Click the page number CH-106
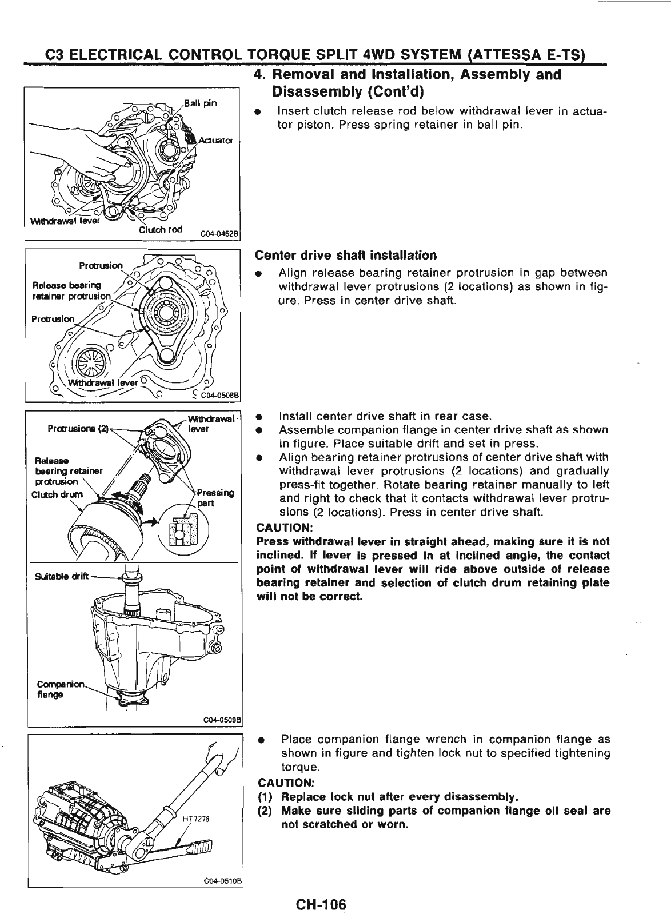(321, 905)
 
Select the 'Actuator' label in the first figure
(215, 141)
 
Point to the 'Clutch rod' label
(161, 230)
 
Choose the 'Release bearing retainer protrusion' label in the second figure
(67, 290)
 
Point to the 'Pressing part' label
(213, 498)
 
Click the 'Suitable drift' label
(60, 575)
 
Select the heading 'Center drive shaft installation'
(346, 255)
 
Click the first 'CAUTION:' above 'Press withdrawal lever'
(284, 527)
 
